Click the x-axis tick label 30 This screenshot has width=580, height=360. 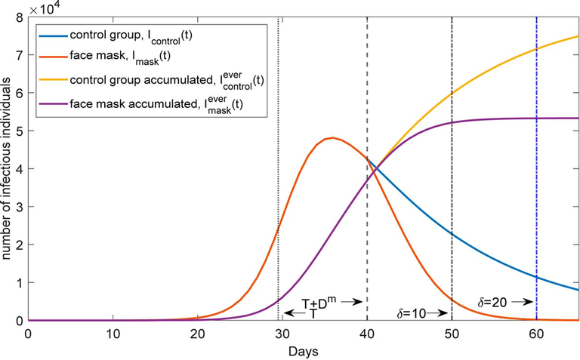(282, 333)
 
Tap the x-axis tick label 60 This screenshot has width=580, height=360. (536, 333)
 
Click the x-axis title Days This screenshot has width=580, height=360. (301, 351)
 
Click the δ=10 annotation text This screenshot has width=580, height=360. (412, 310)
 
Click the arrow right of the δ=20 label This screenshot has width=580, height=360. (523, 303)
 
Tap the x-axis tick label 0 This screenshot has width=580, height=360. (28, 333)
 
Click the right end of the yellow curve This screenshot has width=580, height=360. (578, 36)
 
